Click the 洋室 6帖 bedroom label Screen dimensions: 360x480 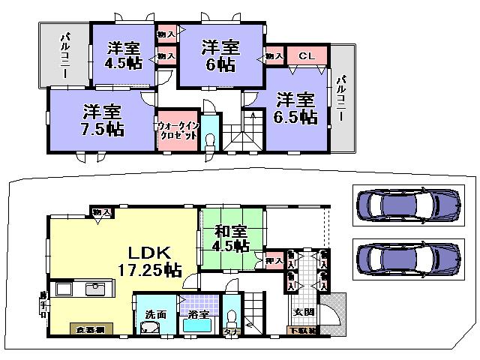coord(220,56)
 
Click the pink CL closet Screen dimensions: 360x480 coord(306,56)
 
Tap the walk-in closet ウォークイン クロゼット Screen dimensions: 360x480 coord(178,131)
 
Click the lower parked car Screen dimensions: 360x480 coord(406,259)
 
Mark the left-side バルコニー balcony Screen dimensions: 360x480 coord(64,56)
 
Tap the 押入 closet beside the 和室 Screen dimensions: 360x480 coord(274,259)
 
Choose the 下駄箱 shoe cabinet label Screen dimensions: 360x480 coord(303,331)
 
